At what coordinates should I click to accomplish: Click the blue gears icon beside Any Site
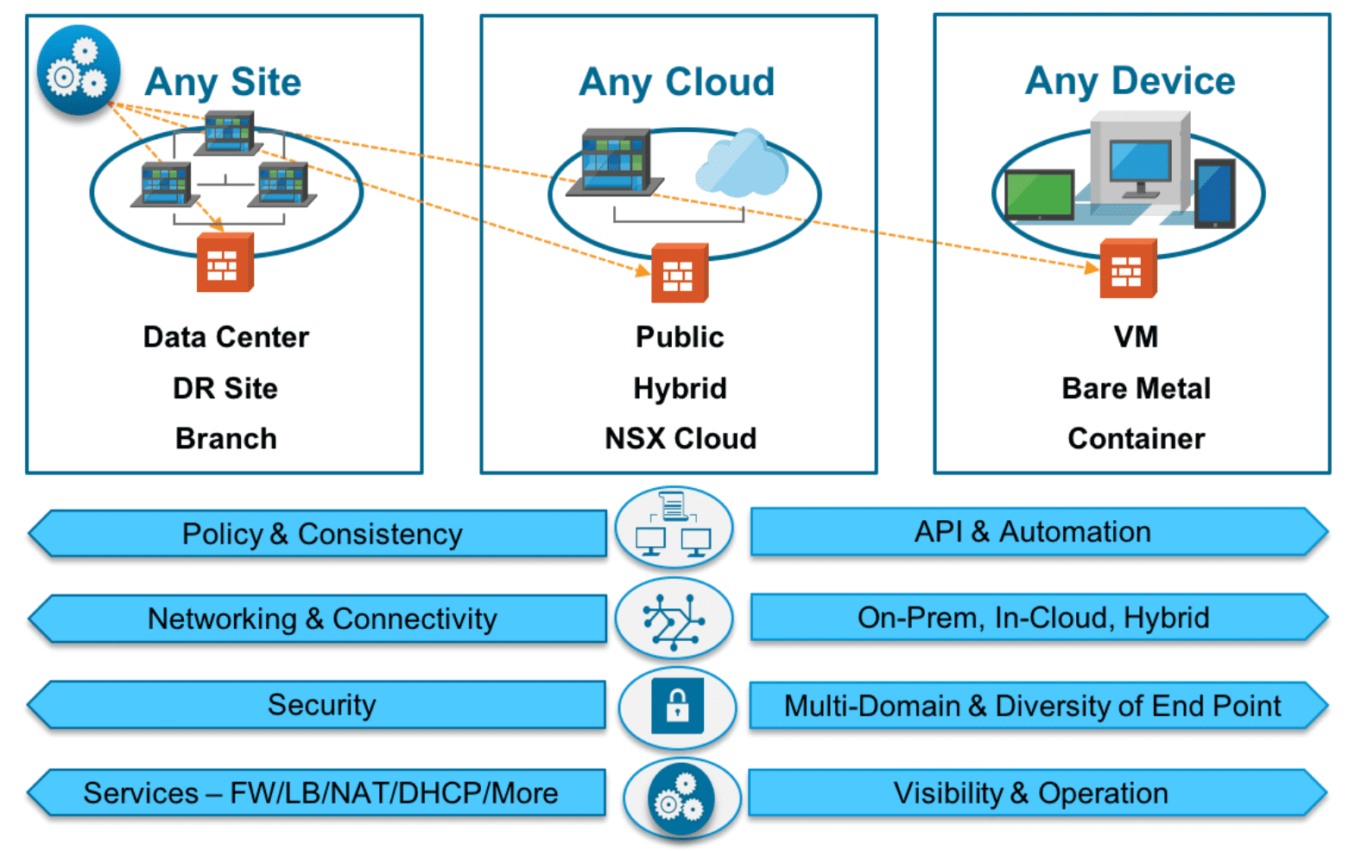[x=78, y=70]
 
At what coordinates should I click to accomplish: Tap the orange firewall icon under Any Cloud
[x=679, y=273]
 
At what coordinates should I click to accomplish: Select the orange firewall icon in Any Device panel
[x=1127, y=269]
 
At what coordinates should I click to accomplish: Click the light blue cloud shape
[x=742, y=164]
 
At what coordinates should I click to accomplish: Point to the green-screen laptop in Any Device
[x=1040, y=194]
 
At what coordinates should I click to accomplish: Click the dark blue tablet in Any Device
[x=1214, y=194]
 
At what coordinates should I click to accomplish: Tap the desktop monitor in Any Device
[x=1140, y=164]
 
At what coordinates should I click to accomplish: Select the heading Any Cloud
[x=676, y=82]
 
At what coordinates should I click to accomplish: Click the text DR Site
[x=225, y=388]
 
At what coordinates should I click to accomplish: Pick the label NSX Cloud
[x=680, y=438]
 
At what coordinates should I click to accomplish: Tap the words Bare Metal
[x=1136, y=388]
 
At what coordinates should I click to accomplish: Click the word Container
[x=1136, y=438]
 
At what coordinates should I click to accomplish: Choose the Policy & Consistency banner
[x=321, y=534]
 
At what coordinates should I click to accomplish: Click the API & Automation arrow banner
[x=1033, y=531]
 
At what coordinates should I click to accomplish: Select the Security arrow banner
[x=321, y=705]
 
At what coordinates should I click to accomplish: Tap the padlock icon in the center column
[x=677, y=706]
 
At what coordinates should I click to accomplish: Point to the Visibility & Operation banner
[x=1031, y=793]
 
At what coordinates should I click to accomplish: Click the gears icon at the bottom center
[x=681, y=800]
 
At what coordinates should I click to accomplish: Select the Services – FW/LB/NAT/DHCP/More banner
[x=321, y=793]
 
